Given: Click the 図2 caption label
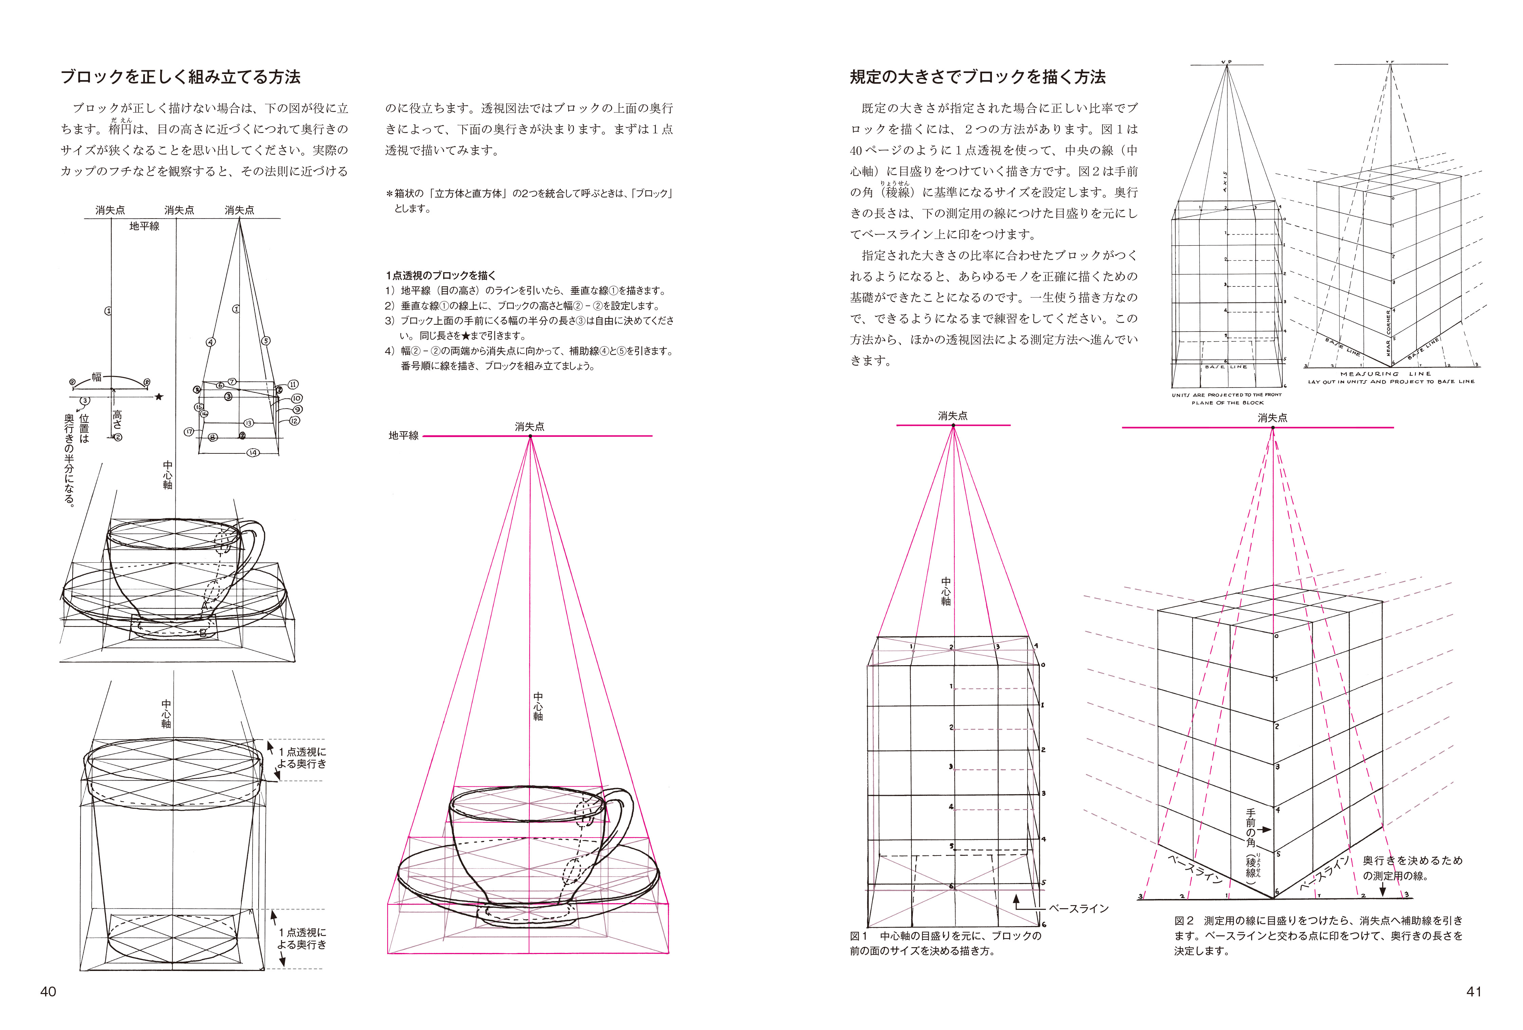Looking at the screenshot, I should (1184, 921).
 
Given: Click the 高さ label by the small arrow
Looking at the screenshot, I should (117, 419).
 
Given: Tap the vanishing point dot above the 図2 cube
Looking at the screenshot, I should (1273, 428).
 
